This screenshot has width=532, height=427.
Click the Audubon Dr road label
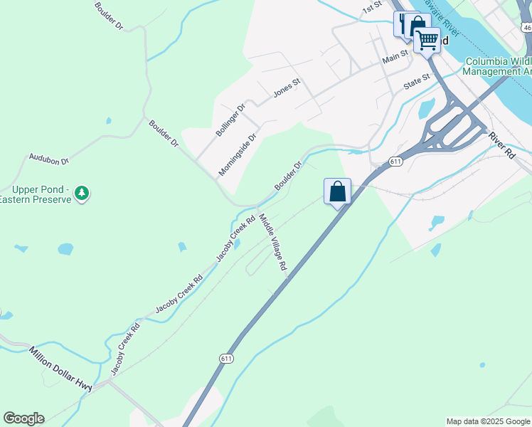pyautogui.click(x=48, y=159)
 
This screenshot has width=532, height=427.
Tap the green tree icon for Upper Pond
pyautogui.click(x=83, y=193)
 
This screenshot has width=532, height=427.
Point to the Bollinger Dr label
pyautogui.click(x=230, y=120)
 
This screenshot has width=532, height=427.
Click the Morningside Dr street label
pyautogui.click(x=237, y=155)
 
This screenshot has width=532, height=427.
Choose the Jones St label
pyautogui.click(x=287, y=88)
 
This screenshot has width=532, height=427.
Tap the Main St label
pyautogui.click(x=395, y=54)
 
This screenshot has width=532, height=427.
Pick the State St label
pyautogui.click(x=417, y=80)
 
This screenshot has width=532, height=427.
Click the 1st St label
pyautogui.click(x=372, y=8)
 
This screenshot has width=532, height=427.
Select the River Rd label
pyautogui.click(x=501, y=143)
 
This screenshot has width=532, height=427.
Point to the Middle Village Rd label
pyautogui.click(x=272, y=243)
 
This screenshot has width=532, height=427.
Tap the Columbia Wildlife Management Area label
pyautogui.click(x=499, y=67)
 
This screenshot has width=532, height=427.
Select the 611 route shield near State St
pyautogui.click(x=396, y=162)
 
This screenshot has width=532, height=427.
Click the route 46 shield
pyautogui.click(x=526, y=27)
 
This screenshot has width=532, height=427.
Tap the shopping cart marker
pyautogui.click(x=427, y=41)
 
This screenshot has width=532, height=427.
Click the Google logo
pyautogui.click(x=23, y=418)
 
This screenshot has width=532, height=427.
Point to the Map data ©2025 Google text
pyautogui.click(x=488, y=421)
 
